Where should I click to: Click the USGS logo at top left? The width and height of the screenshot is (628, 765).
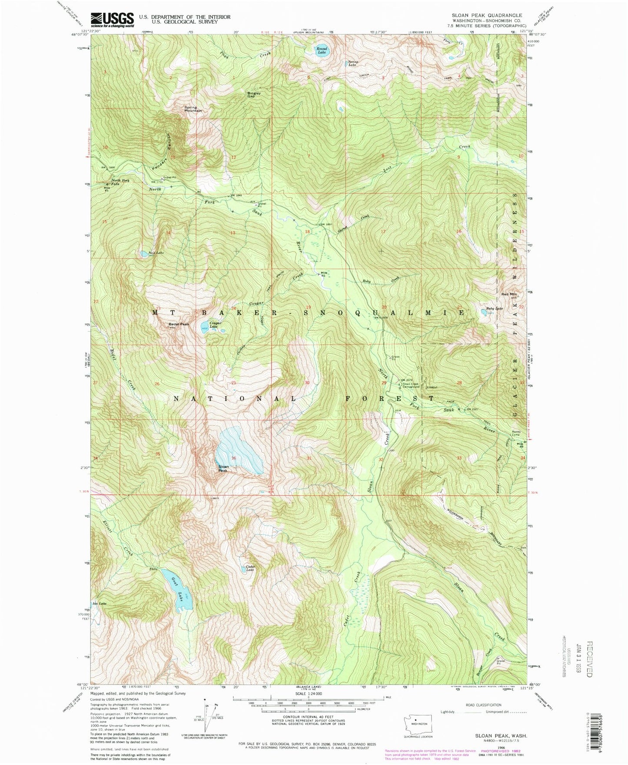(112, 19)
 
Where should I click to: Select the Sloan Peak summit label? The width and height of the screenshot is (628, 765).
(223, 469)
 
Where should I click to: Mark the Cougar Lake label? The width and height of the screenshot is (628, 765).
(216, 325)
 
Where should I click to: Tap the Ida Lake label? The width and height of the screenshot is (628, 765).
(99, 603)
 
